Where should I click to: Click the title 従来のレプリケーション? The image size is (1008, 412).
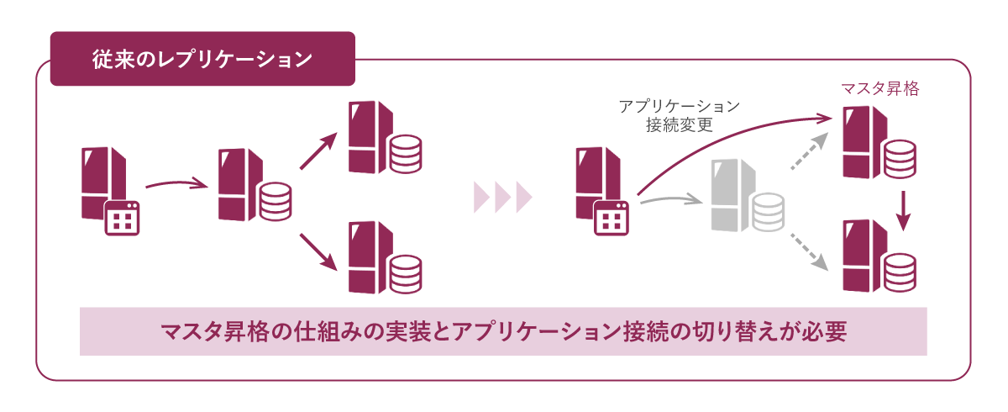[x=202, y=60]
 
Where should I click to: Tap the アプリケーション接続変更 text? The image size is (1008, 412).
[x=679, y=116]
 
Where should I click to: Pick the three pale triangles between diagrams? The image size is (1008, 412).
[x=503, y=196]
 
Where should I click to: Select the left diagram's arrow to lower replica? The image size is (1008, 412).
[x=318, y=251]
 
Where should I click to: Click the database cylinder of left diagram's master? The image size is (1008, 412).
[x=275, y=201]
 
